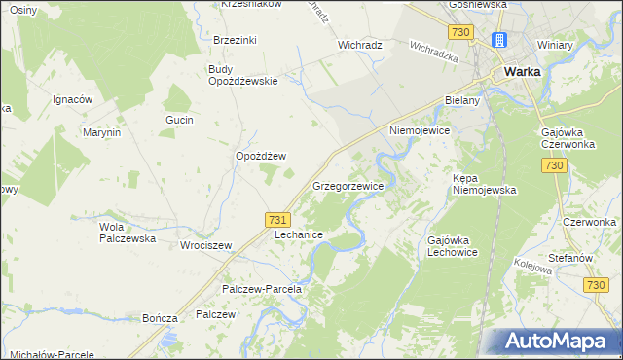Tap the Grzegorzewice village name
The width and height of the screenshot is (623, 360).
click(x=348, y=185)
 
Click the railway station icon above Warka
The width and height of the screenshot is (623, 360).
click(x=499, y=41)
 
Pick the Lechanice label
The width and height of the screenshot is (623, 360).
click(x=297, y=235)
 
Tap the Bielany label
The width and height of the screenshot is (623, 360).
click(x=462, y=100)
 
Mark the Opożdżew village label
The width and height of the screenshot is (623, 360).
click(x=261, y=156)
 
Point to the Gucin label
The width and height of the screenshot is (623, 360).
click(x=180, y=120)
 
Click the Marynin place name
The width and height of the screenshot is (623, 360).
click(x=101, y=132)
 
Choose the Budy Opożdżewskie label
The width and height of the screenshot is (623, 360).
click(x=243, y=75)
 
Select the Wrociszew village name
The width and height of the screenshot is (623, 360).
click(x=205, y=245)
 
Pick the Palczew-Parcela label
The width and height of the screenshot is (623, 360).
click(x=263, y=289)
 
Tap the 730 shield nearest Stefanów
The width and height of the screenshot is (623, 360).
click(x=596, y=284)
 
